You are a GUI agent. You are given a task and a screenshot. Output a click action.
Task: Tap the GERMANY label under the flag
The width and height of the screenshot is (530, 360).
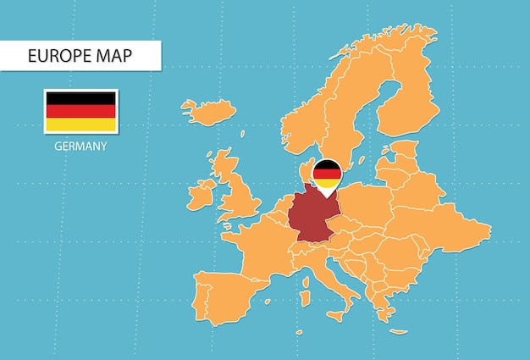80,146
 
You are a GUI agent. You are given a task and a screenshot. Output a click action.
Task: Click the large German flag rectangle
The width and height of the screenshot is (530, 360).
80,111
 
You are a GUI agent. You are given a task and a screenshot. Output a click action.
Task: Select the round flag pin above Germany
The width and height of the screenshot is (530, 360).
327,174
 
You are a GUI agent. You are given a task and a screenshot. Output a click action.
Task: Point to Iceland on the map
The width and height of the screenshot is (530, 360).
208,111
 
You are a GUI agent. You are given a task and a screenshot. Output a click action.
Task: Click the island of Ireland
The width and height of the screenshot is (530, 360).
202,194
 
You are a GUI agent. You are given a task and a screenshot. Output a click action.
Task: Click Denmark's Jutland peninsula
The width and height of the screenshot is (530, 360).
306,169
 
